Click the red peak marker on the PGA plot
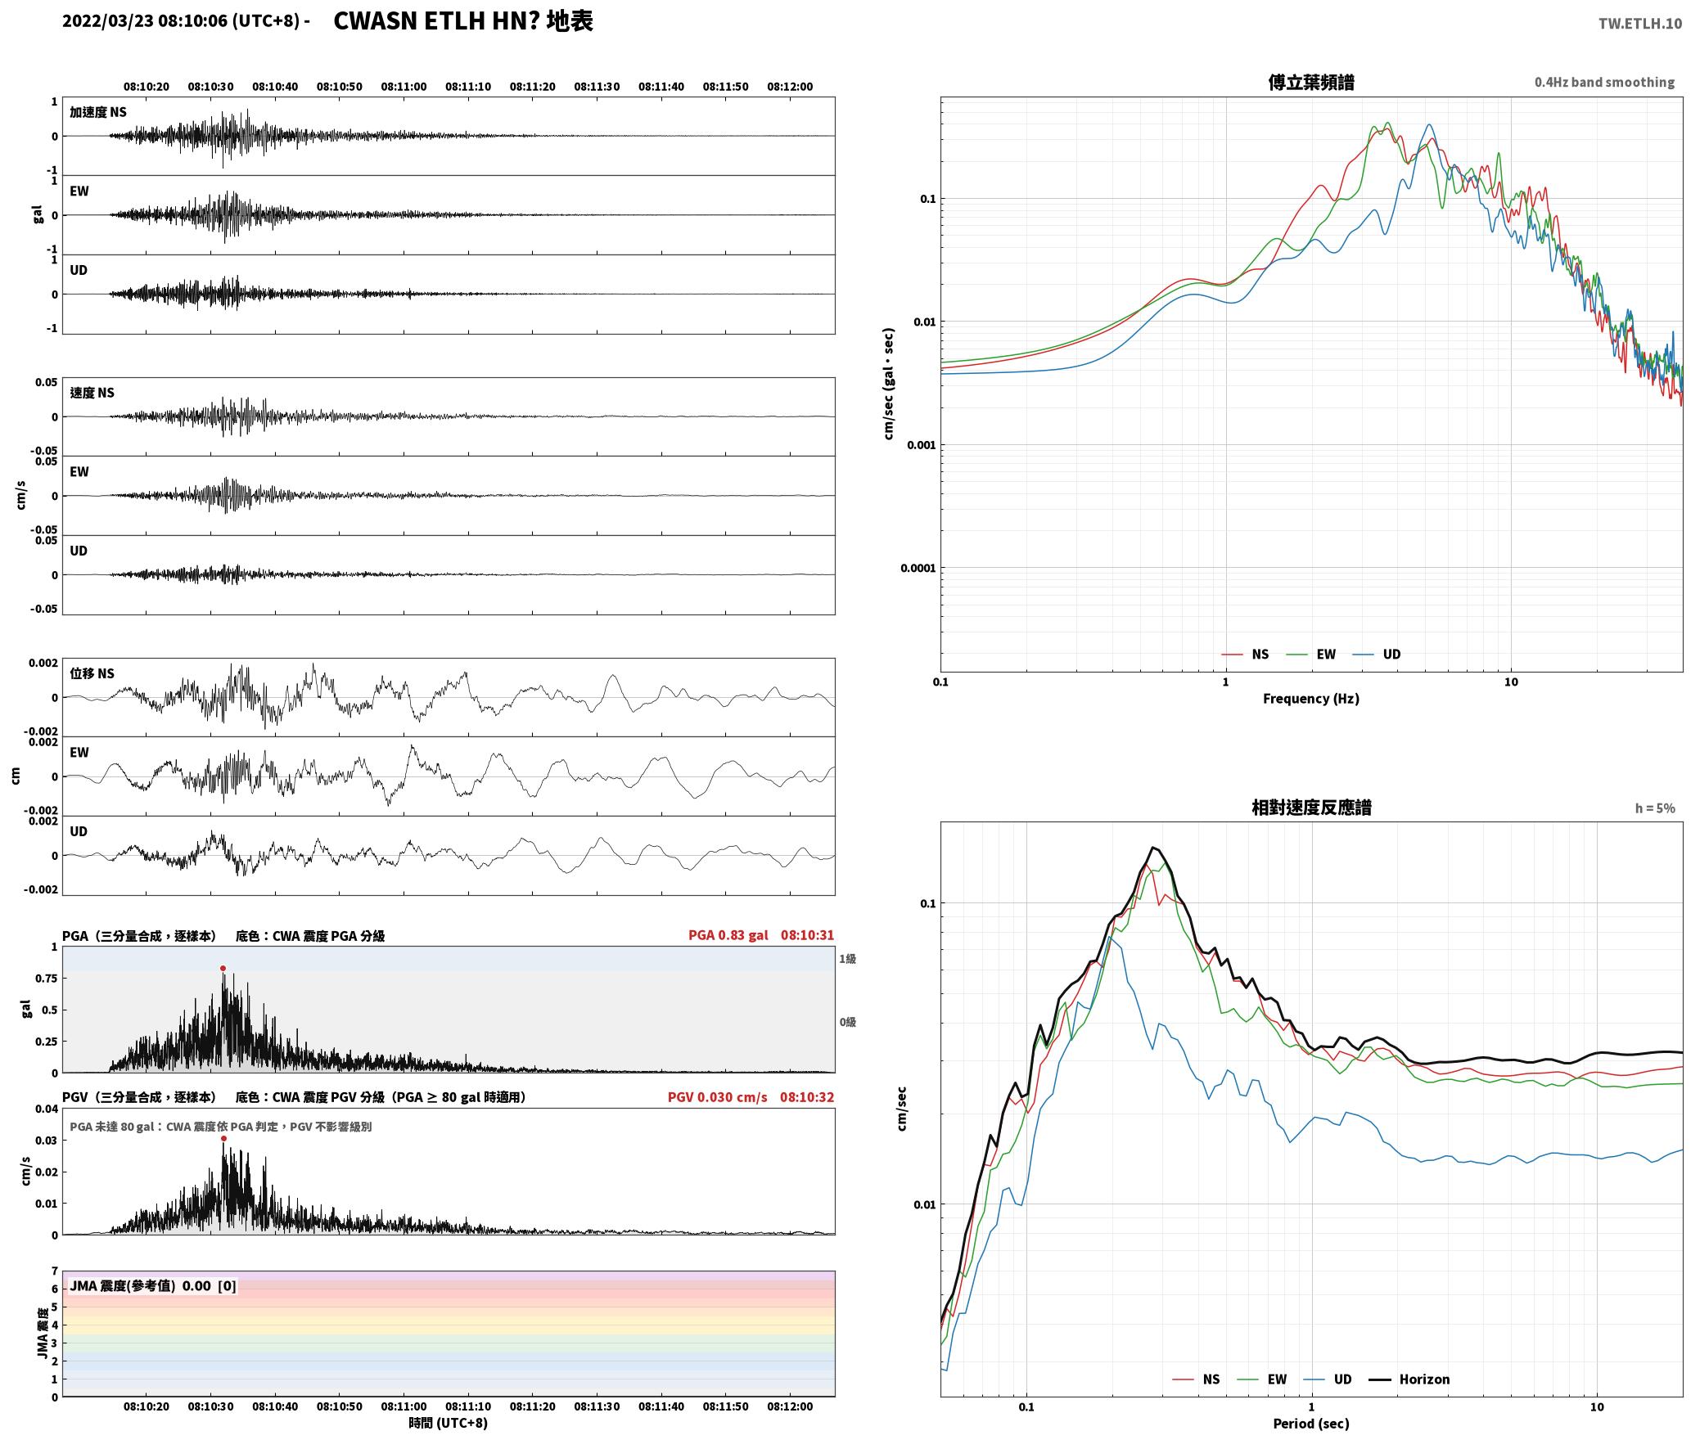pyautogui.click(x=223, y=969)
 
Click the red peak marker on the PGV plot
pyautogui.click(x=223, y=1139)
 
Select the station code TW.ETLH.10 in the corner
pyautogui.click(x=1640, y=24)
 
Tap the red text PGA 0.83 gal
pyautogui.click(x=728, y=935)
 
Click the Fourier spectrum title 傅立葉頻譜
pyautogui.click(x=1310, y=83)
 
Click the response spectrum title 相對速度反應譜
pyautogui.click(x=1311, y=808)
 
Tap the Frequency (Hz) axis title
pyautogui.click(x=1310, y=699)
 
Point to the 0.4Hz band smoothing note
pyautogui.click(x=1604, y=83)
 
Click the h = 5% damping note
pyautogui.click(x=1655, y=808)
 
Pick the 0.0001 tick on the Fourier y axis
pyautogui.click(x=918, y=569)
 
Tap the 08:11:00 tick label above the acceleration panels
pyautogui.click(x=404, y=87)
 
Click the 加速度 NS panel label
pyautogui.click(x=98, y=113)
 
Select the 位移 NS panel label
pyautogui.click(x=92, y=674)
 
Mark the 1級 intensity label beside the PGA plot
pyautogui.click(x=847, y=959)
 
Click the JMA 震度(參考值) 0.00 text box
pyautogui.click(x=153, y=1286)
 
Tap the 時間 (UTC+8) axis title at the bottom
pyautogui.click(x=448, y=1424)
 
